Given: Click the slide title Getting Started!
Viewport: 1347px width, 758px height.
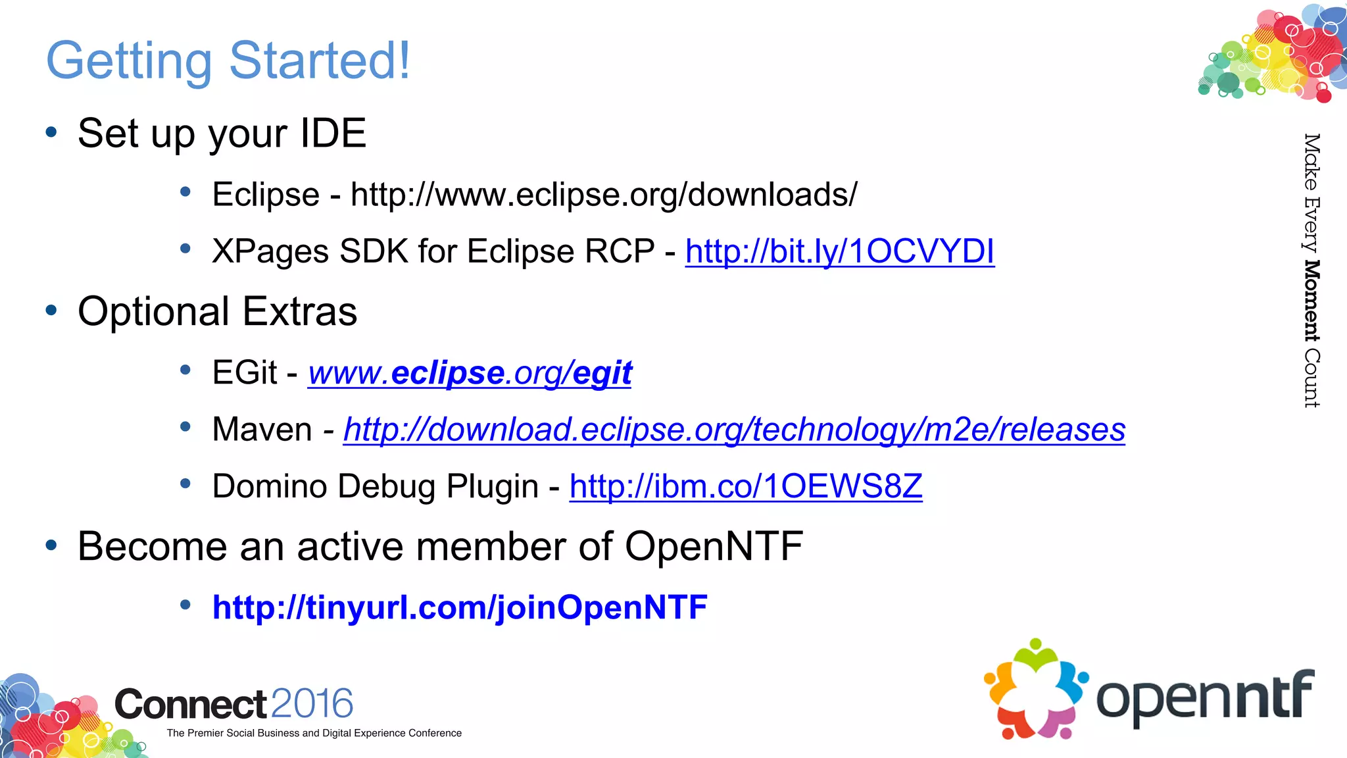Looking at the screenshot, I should [x=228, y=61].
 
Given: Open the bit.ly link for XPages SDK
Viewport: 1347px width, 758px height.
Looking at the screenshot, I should [x=839, y=251].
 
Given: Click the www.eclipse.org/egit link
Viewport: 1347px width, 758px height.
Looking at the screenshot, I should [x=470, y=373].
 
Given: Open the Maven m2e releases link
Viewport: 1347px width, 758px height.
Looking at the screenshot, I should [x=734, y=430].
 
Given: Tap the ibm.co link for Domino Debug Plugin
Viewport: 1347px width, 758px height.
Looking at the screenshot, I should [x=745, y=486].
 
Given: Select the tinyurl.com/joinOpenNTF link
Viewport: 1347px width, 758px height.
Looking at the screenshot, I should [x=459, y=607].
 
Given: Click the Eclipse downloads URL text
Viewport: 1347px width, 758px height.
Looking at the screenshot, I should [x=604, y=195].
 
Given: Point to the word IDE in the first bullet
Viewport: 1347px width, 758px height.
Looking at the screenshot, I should [x=333, y=133].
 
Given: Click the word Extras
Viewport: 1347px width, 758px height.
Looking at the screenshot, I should [x=300, y=311].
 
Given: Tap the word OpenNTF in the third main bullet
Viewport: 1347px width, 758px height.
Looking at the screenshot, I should [x=714, y=546].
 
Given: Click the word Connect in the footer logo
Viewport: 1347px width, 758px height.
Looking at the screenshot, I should [x=191, y=704].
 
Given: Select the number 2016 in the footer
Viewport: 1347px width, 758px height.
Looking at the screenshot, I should [x=311, y=703].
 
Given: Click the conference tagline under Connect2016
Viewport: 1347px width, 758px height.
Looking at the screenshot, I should [x=314, y=733].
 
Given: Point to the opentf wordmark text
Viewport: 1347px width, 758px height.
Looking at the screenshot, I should [x=1204, y=697].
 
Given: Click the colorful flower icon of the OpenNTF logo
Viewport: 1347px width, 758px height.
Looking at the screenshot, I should [x=1035, y=689].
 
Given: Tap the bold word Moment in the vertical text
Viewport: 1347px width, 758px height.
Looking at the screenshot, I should [x=1311, y=301].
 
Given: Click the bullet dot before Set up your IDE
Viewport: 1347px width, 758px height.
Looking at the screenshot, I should [x=51, y=132].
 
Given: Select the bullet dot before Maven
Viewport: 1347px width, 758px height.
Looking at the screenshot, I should [x=185, y=428].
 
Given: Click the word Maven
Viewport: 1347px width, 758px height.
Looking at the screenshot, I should [x=262, y=430].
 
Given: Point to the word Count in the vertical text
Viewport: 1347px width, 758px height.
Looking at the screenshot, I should [x=1311, y=378].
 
